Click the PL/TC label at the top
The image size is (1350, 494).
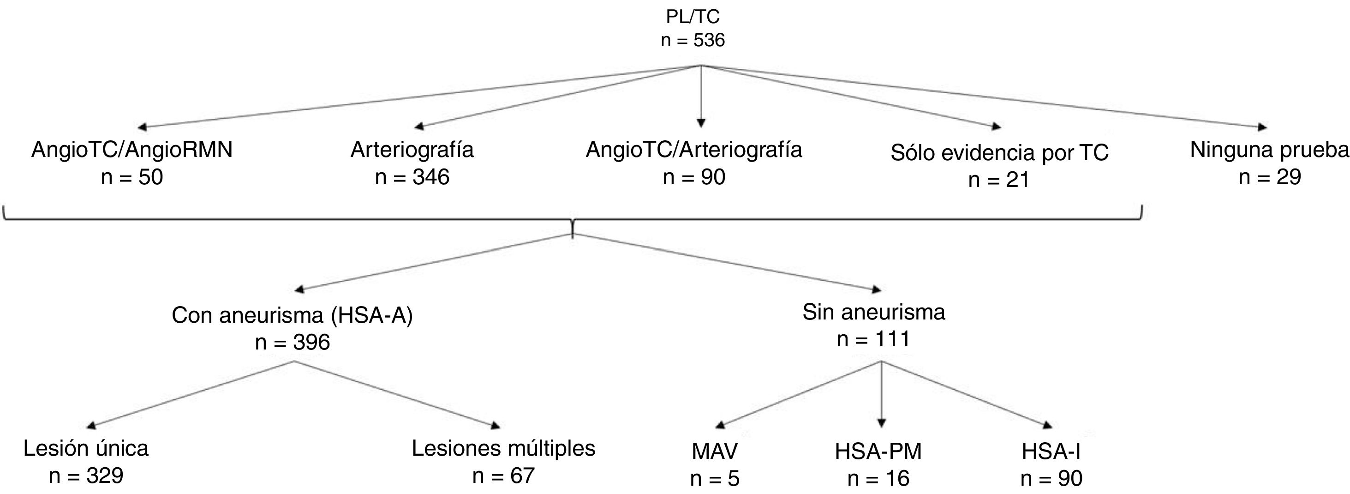[x=693, y=17]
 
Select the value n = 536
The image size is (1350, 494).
[x=693, y=40]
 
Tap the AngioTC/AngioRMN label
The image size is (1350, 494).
[x=132, y=150]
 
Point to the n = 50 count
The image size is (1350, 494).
[x=132, y=177]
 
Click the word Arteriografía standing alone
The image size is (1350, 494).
[x=412, y=150]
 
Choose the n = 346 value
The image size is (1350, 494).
[x=412, y=177]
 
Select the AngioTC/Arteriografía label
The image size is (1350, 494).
[x=694, y=150]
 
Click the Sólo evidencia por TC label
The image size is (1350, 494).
[x=999, y=153]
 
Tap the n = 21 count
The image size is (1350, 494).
[x=999, y=180]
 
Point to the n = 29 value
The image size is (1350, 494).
[x=1269, y=177]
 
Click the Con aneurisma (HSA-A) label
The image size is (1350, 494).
[x=293, y=315]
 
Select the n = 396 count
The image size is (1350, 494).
[x=293, y=343]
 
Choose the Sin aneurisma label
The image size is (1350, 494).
[x=873, y=312]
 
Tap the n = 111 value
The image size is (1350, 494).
[x=873, y=339]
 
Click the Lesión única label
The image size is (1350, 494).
[x=86, y=448]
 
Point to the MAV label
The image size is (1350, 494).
[x=715, y=452]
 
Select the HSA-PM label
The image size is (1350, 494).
[x=878, y=452]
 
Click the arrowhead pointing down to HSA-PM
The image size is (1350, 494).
[x=882, y=423]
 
